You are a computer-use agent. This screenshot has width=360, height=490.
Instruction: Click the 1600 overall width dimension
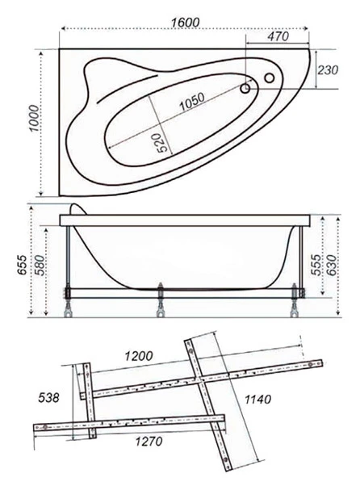(185, 23)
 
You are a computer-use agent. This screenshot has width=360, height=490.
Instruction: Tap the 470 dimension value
(278, 36)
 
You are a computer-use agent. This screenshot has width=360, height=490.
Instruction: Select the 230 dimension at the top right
(328, 70)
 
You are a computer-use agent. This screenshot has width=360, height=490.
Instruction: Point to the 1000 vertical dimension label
(34, 119)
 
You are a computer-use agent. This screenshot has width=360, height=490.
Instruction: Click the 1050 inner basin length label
(192, 102)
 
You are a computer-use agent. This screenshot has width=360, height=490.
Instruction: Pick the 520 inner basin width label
(162, 143)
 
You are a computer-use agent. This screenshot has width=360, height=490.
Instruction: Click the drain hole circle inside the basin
(245, 89)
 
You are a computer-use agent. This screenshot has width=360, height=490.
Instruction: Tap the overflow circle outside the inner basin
(270, 77)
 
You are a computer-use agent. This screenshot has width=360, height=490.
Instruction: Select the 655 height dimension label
(23, 265)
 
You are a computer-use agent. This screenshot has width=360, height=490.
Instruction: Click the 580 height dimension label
(40, 265)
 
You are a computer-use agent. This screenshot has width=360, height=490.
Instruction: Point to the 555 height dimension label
(316, 265)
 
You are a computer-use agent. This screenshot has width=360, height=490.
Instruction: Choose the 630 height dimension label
(332, 265)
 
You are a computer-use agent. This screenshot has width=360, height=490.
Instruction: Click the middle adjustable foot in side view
(161, 300)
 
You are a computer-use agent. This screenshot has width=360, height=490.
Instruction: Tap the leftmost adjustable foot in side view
(68, 301)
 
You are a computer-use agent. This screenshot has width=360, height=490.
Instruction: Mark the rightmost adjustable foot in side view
(294, 300)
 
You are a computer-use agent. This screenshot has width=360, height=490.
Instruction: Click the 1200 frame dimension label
(139, 356)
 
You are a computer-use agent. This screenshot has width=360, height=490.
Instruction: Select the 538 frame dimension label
(48, 398)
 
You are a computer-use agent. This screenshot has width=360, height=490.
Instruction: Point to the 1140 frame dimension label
(257, 399)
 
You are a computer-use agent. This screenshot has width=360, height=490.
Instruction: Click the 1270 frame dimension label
(149, 442)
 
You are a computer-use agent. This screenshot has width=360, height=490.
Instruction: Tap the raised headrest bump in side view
(77, 209)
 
